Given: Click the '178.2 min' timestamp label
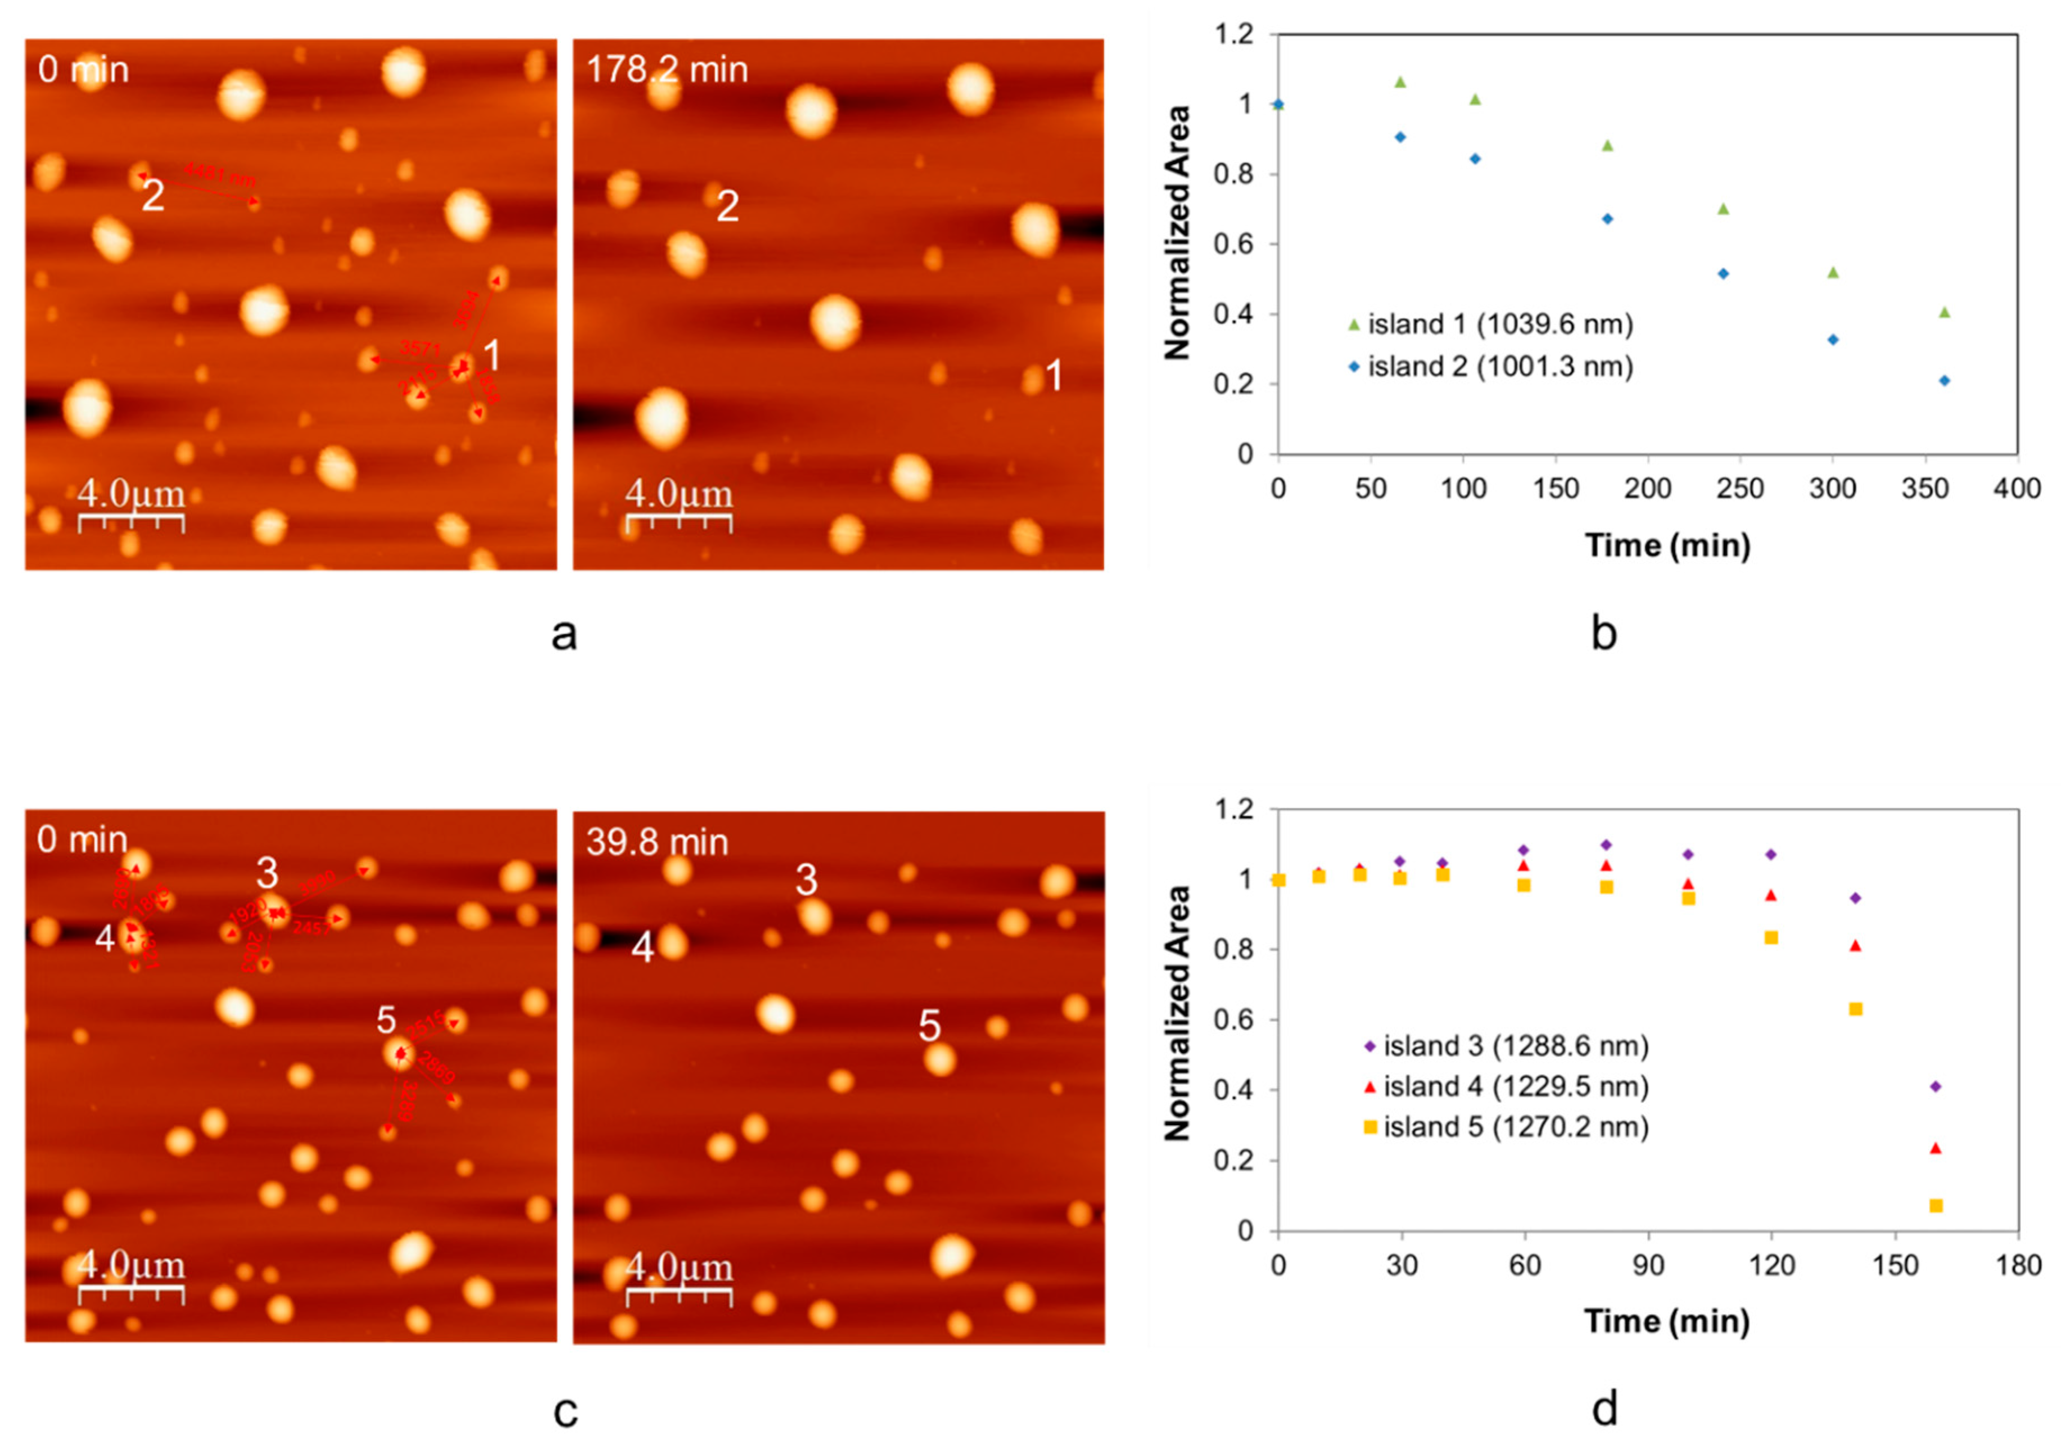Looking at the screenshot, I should (666, 70).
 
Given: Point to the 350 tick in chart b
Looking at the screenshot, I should (1924, 489).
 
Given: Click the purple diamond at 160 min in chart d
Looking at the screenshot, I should (1935, 1086).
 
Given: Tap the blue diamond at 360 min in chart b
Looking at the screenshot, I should (1944, 381).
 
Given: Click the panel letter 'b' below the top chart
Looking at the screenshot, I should (1603, 634).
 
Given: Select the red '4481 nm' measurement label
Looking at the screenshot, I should (219, 173).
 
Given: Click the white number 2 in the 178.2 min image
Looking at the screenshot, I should (727, 206).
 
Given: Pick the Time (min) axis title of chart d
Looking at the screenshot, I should (1667, 1321).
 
